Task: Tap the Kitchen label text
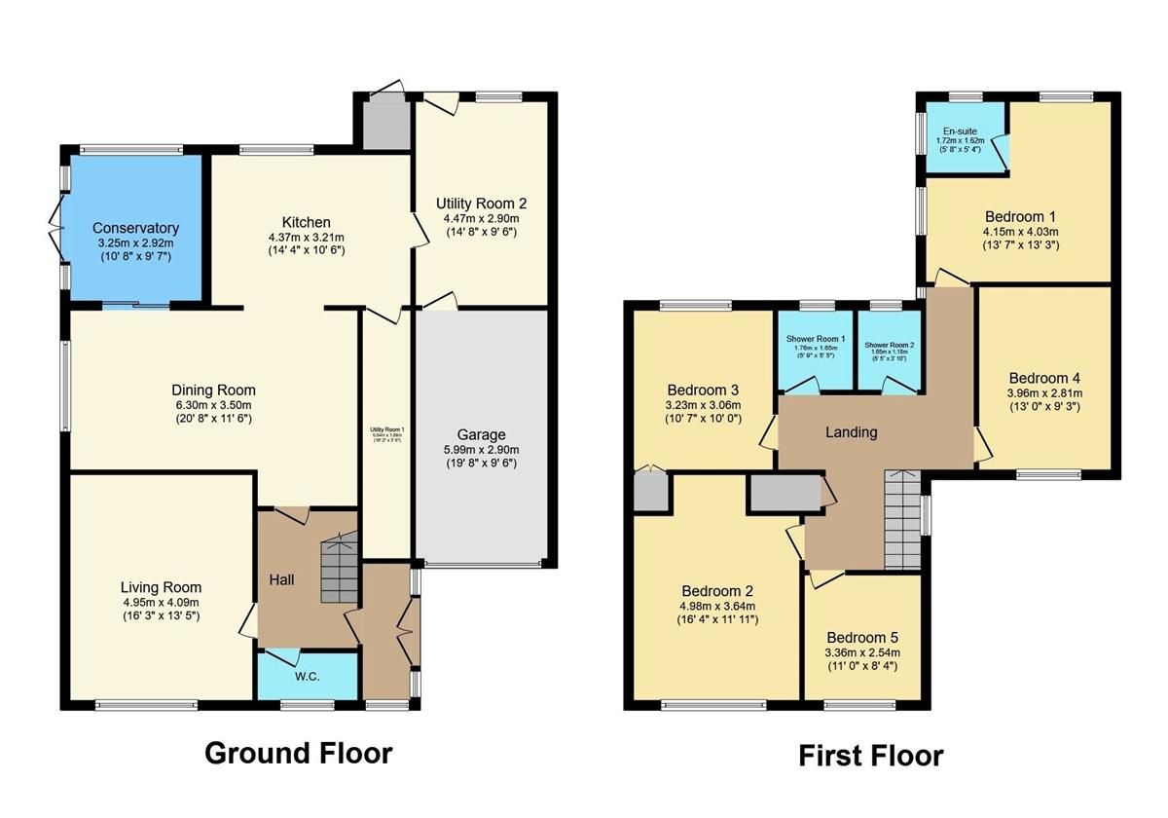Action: [307, 222]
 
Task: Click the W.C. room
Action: [307, 676]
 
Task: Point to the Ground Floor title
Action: [298, 753]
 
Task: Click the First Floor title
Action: [870, 756]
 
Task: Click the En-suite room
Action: [964, 136]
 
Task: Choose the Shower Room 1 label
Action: [815, 340]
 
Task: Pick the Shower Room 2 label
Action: [889, 345]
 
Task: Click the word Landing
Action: [852, 432]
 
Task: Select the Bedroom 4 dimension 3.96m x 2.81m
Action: [1044, 393]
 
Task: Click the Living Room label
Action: [161, 587]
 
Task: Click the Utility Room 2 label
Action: [481, 204]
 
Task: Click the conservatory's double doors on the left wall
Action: [57, 227]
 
